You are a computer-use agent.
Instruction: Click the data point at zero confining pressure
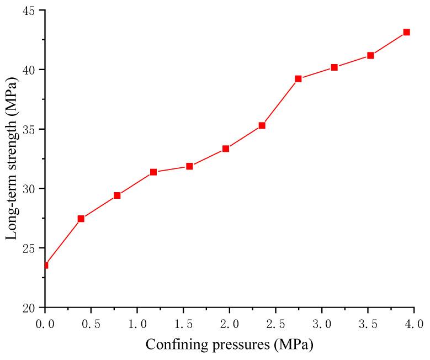pos(45,265)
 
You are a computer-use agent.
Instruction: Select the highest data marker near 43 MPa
pos(406,32)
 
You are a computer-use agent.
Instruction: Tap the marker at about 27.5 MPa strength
pos(81,219)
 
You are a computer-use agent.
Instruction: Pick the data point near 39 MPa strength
pos(298,78)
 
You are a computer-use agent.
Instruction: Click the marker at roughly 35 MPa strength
pos(262,125)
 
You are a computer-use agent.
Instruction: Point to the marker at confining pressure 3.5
pos(370,55)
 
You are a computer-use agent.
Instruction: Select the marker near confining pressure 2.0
pos(226,149)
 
